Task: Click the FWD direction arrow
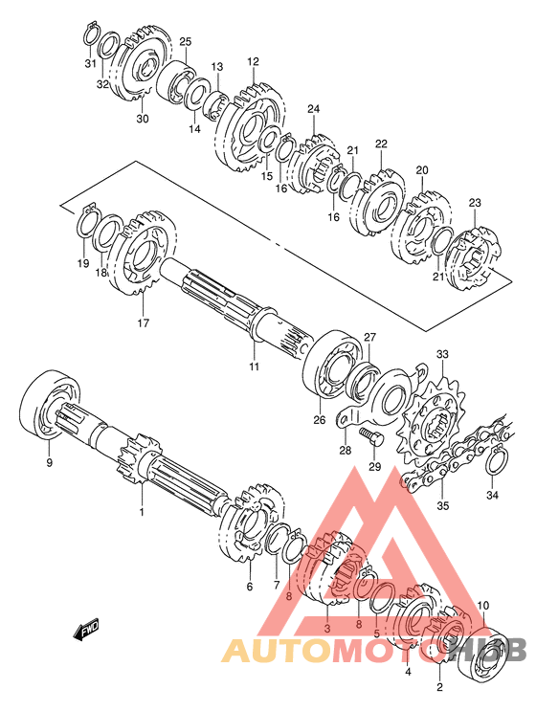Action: pos(86,631)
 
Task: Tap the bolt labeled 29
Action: pos(371,435)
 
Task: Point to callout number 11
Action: pos(254,366)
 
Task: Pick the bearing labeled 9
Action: pos(51,404)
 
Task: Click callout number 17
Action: pos(144,322)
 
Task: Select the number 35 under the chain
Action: pos(442,505)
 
